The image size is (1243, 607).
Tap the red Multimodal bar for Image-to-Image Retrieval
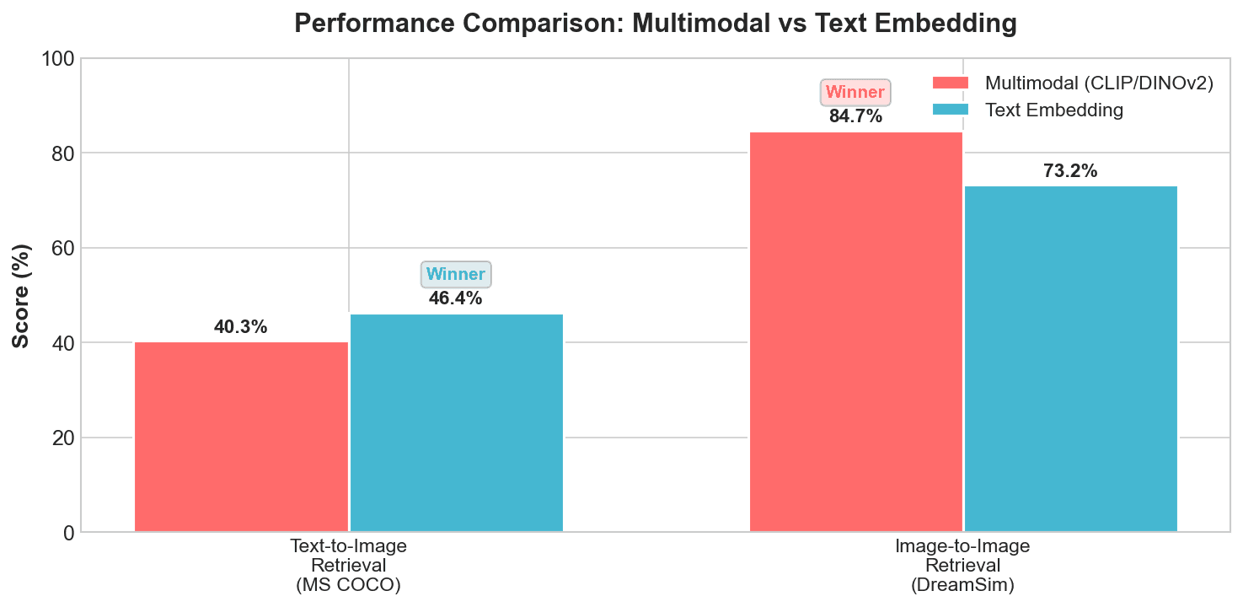point(855,332)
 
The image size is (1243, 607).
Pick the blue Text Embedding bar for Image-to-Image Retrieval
point(1070,359)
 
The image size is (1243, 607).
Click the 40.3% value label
point(241,327)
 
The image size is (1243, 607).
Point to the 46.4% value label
point(456,298)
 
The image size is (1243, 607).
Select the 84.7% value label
point(855,116)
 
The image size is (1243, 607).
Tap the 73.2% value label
point(1070,171)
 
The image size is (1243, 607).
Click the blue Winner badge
point(456,275)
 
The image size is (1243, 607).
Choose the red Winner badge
point(855,93)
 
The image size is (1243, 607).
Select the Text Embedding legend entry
point(1053,110)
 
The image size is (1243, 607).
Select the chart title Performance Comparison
point(656,24)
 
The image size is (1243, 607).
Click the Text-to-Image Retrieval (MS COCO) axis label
point(348,566)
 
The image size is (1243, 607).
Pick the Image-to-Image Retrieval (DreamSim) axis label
point(962,566)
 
